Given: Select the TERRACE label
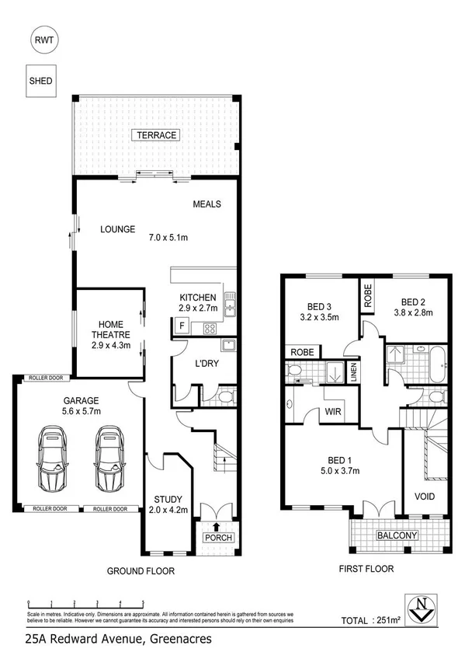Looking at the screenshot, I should pos(157,135).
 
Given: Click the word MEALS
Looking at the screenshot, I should pos(207,204).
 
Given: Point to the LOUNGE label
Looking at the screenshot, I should pos(118,229).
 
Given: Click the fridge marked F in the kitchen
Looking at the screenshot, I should pos(182,325).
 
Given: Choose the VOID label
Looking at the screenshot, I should pos(425,496).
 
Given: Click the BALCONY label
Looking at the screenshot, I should pos(397,535).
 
